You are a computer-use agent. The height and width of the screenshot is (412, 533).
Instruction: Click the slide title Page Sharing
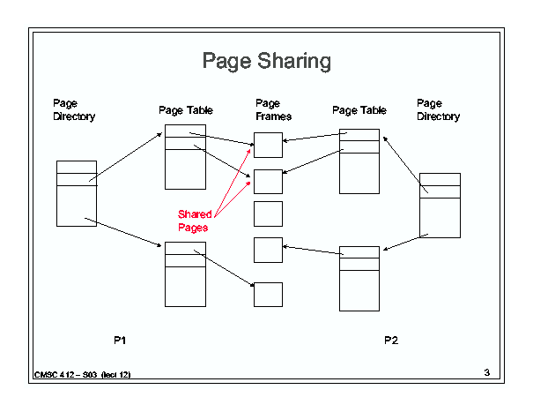[266, 61]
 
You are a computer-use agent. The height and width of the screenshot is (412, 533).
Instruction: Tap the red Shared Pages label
[195, 221]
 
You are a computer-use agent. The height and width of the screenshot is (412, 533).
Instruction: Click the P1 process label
[122, 340]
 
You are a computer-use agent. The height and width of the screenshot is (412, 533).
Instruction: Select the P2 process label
[391, 340]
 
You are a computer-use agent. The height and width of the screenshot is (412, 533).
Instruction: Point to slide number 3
[486, 372]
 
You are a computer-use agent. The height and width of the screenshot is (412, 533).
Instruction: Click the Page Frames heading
[273, 110]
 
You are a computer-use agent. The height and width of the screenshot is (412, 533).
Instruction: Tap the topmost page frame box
[268, 145]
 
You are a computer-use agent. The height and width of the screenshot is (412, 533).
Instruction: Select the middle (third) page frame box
[268, 213]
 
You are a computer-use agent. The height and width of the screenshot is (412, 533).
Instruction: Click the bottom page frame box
[268, 294]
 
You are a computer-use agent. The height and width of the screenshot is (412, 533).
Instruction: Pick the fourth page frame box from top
[268, 250]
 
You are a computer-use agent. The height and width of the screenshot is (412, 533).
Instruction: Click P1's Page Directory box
[76, 193]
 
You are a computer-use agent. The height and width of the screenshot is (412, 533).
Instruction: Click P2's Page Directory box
[440, 205]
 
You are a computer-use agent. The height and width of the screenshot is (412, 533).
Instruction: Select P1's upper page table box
[185, 156]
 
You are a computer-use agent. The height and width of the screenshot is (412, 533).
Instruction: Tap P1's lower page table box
[185, 273]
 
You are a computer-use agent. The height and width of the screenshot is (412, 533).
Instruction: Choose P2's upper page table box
[359, 161]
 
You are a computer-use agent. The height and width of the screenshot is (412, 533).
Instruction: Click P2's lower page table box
[359, 278]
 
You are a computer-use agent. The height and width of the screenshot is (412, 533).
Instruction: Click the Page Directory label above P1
[74, 110]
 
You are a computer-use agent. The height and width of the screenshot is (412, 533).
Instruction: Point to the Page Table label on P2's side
[359, 110]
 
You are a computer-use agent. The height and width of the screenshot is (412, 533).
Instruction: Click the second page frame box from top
[268, 181]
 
